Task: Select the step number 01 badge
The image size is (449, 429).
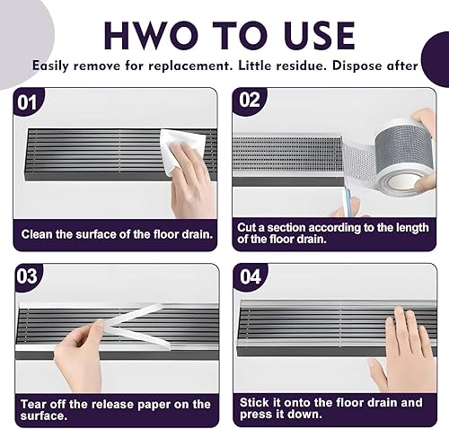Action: (27, 102)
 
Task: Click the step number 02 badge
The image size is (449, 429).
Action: (250, 100)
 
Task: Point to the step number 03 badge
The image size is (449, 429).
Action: (27, 276)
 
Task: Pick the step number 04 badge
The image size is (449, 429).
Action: (251, 276)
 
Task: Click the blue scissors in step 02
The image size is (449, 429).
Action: (348, 200)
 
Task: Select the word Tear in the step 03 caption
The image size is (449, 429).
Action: (32, 404)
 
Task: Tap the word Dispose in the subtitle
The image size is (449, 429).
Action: (357, 66)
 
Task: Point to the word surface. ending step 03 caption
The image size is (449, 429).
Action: (44, 416)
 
